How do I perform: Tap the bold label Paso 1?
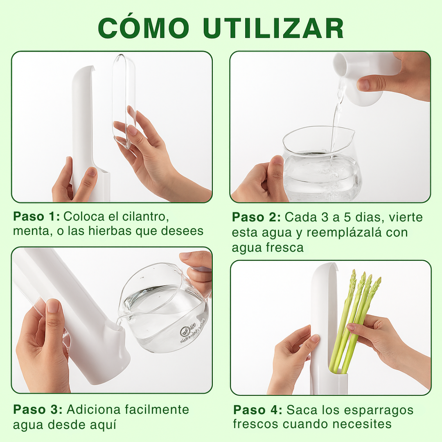[x=36, y=216]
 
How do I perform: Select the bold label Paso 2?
[x=256, y=217]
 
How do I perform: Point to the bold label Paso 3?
[x=38, y=410]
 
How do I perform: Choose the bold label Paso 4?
[x=258, y=410]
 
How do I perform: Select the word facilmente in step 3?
[x=157, y=410]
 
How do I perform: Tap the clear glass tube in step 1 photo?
[x=124, y=101]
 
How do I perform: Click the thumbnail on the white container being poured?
[x=364, y=85]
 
